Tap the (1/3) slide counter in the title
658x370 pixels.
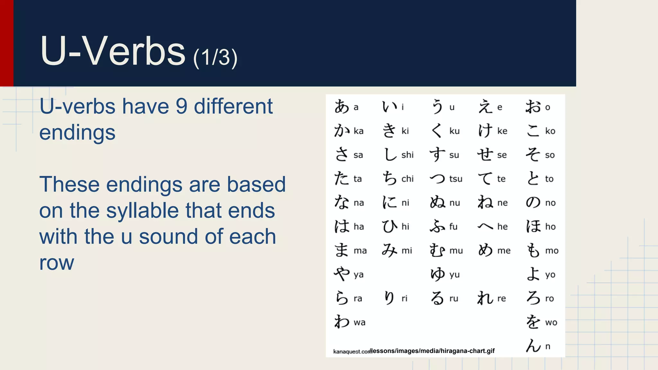click(215, 58)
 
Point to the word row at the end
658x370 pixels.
click(57, 263)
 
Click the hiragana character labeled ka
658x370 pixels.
click(342, 131)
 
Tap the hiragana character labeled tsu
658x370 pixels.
click(438, 179)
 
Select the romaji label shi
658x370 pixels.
click(407, 155)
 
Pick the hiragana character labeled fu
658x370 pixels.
click(438, 226)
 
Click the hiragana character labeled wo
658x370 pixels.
click(533, 322)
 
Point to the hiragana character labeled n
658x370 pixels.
click(533, 346)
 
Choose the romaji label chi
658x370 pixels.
click(407, 179)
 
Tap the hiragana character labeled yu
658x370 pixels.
click(438, 274)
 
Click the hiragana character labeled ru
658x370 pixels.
click(438, 298)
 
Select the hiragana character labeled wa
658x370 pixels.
click(342, 322)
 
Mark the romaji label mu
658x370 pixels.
click(456, 251)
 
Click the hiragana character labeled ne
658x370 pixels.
click(485, 202)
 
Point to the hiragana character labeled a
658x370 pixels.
click(342, 107)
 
